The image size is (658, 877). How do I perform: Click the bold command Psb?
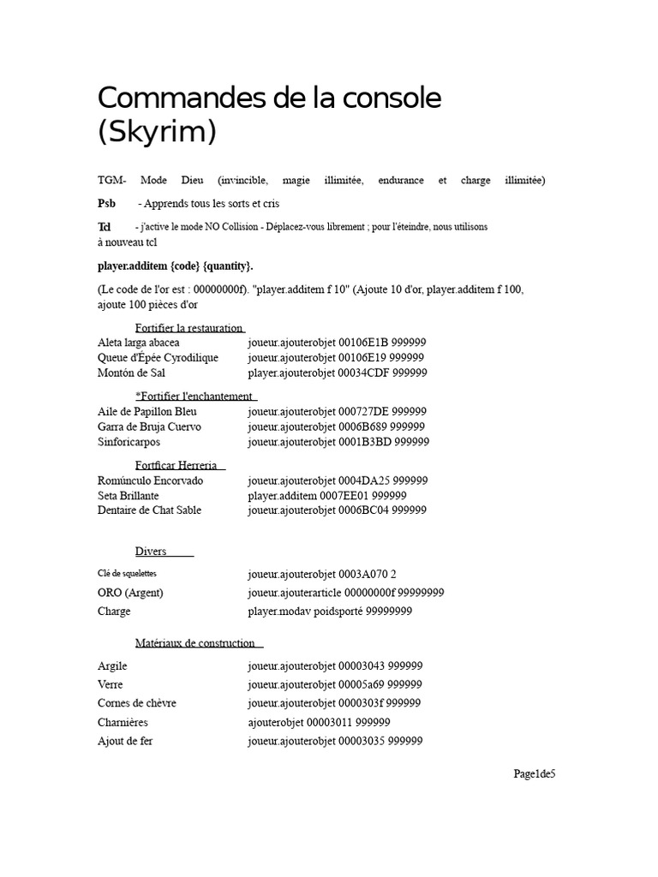click(106, 204)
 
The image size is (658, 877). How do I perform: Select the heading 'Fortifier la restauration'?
click(188, 328)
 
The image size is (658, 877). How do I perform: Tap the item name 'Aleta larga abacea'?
click(139, 343)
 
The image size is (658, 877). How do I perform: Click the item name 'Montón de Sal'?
click(132, 373)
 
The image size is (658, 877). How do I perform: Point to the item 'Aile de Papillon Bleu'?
click(147, 412)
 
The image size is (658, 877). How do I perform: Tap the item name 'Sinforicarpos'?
click(129, 442)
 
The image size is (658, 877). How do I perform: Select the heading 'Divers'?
click(151, 552)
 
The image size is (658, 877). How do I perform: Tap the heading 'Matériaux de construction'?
click(195, 643)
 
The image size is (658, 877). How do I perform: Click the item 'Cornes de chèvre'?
click(137, 703)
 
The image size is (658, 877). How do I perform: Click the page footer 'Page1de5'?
click(535, 775)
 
